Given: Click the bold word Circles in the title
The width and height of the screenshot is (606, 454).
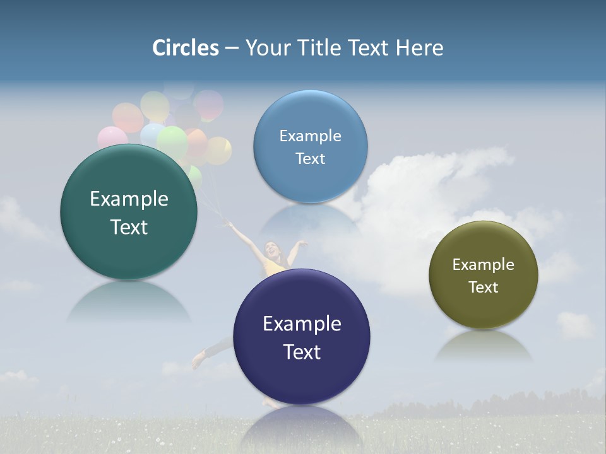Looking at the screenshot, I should click(x=185, y=48).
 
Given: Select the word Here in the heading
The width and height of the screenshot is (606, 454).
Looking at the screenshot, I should click(x=419, y=48).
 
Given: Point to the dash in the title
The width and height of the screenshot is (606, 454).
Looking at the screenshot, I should click(x=232, y=49).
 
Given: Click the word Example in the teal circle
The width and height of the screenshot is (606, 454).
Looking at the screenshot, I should click(x=129, y=199).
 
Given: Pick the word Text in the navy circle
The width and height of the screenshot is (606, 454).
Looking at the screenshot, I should click(x=302, y=352).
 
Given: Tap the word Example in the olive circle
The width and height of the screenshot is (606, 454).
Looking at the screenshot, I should click(x=484, y=265).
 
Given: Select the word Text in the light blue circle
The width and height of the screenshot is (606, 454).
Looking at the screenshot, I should click(x=310, y=159).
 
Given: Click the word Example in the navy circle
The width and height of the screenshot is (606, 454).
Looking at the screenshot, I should click(x=302, y=324).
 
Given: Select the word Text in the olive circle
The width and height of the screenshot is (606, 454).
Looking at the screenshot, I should click(x=484, y=288).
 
